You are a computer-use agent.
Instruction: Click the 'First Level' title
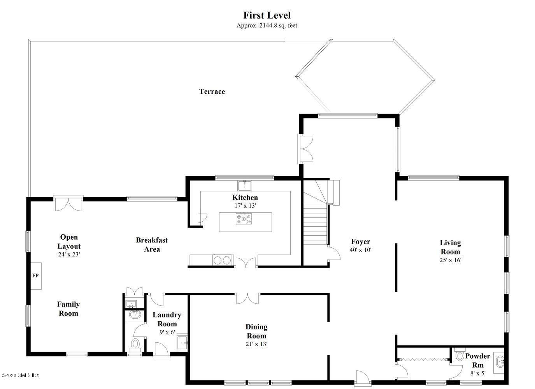coord(267,15)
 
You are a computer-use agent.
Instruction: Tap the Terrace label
coord(212,91)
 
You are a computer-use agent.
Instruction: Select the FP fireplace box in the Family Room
coord(36,276)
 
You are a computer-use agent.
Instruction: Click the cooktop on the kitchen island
coord(244,219)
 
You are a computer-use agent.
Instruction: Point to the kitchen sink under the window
coord(245,186)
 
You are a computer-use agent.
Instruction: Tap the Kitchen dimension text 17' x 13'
coord(245,206)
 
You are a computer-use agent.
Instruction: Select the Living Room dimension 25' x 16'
coord(450,260)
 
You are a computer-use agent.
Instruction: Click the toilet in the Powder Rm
coord(460,356)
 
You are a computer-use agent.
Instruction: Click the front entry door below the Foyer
coord(363,378)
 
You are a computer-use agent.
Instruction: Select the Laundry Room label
coord(167,319)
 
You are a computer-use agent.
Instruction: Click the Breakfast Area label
coord(152,245)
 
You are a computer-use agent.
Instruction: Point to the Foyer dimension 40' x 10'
coord(360,250)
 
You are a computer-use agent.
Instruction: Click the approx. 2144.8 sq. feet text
coord(267,26)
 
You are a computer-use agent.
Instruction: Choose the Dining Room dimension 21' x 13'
coord(256,344)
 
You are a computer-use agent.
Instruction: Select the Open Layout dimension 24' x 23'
coord(69,254)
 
